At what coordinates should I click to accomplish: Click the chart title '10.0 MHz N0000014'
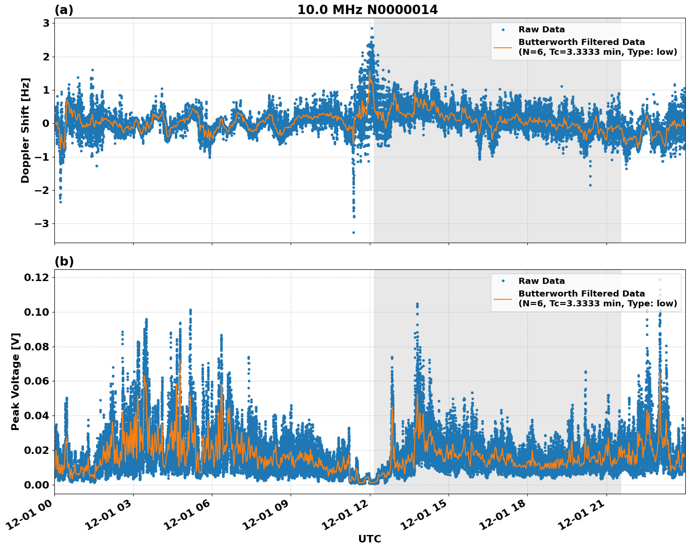(x=367, y=10)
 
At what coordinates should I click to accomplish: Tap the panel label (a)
(x=64, y=10)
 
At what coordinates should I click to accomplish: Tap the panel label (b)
(x=64, y=261)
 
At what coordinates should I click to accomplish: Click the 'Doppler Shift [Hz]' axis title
(x=25, y=130)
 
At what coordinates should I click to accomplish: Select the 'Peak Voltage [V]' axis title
(x=15, y=381)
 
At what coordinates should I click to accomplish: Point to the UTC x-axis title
(x=369, y=539)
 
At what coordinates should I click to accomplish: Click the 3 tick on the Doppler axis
(x=46, y=23)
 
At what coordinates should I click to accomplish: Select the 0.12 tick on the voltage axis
(x=36, y=277)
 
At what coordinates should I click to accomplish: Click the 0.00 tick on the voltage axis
(x=36, y=485)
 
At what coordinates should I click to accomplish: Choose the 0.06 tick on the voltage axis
(x=36, y=381)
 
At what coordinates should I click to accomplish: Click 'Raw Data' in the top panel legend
(x=541, y=30)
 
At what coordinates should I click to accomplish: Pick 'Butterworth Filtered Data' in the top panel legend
(x=581, y=42)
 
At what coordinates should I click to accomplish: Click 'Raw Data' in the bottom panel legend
(x=541, y=281)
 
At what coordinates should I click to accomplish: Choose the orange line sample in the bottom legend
(x=502, y=298)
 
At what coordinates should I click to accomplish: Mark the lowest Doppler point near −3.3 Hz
(x=353, y=232)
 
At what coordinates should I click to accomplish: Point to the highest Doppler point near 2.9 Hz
(x=372, y=28)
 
